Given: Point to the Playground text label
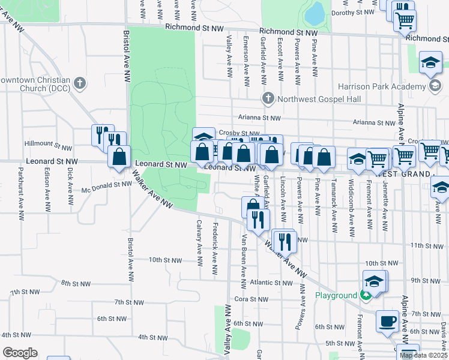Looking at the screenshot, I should (x=337, y=295).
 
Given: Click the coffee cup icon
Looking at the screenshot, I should (x=387, y=320).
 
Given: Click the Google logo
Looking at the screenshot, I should (x=19, y=353).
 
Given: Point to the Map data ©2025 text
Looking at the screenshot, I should (x=423, y=355).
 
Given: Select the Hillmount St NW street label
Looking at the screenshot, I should (x=48, y=144).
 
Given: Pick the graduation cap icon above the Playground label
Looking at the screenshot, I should (x=373, y=280).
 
